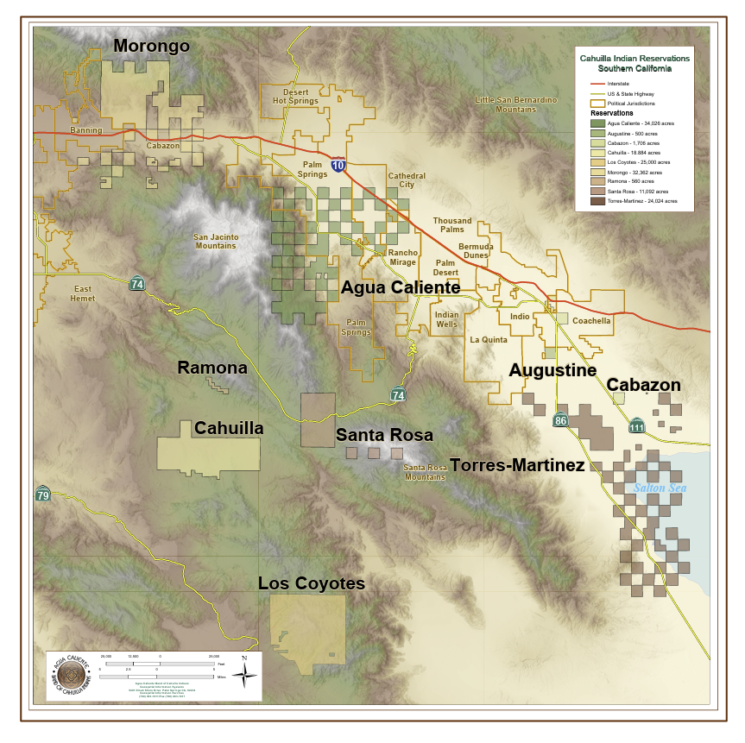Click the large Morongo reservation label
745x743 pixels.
tap(151, 46)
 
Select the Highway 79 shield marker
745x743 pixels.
tap(42, 494)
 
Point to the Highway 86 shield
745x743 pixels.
tap(561, 419)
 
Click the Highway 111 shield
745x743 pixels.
tap(637, 426)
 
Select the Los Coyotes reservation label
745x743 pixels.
tap(312, 584)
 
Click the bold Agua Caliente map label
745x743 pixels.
tap(401, 287)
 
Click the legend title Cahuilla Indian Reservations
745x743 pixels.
tap(635, 58)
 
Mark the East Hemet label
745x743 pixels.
tap(83, 293)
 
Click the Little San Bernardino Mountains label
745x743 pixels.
tap(516, 104)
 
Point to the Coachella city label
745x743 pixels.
tap(591, 320)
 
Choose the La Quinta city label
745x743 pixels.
tap(489, 340)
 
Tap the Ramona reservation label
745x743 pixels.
tap(212, 368)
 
